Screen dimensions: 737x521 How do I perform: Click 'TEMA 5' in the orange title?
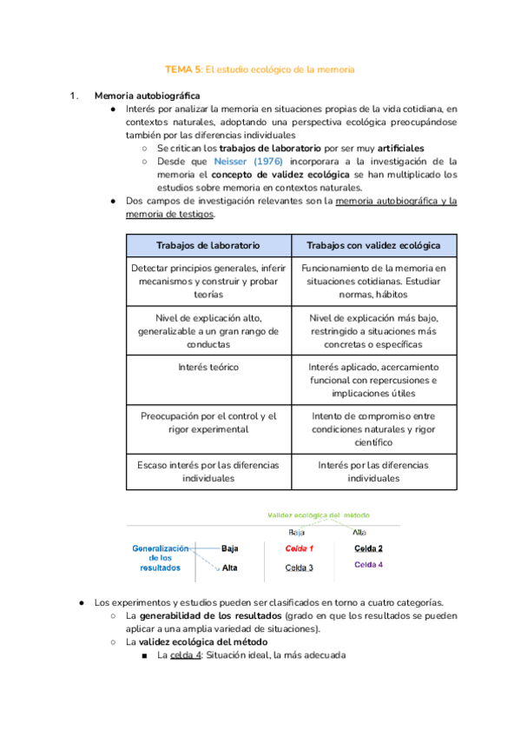pyautogui.click(x=182, y=69)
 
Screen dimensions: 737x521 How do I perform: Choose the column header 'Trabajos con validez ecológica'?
pyautogui.click(x=373, y=245)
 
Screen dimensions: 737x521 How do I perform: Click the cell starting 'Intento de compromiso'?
pyautogui.click(x=373, y=428)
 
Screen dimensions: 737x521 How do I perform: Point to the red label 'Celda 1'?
pyautogui.click(x=300, y=549)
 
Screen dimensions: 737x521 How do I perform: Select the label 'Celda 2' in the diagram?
pyautogui.click(x=368, y=548)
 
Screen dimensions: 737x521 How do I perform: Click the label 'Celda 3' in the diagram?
pyautogui.click(x=300, y=568)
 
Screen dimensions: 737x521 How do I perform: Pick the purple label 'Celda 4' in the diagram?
pyautogui.click(x=368, y=565)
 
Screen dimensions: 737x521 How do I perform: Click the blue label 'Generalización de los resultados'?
pyautogui.click(x=160, y=558)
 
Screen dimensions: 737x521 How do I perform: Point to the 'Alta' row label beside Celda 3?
pyautogui.click(x=230, y=568)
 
